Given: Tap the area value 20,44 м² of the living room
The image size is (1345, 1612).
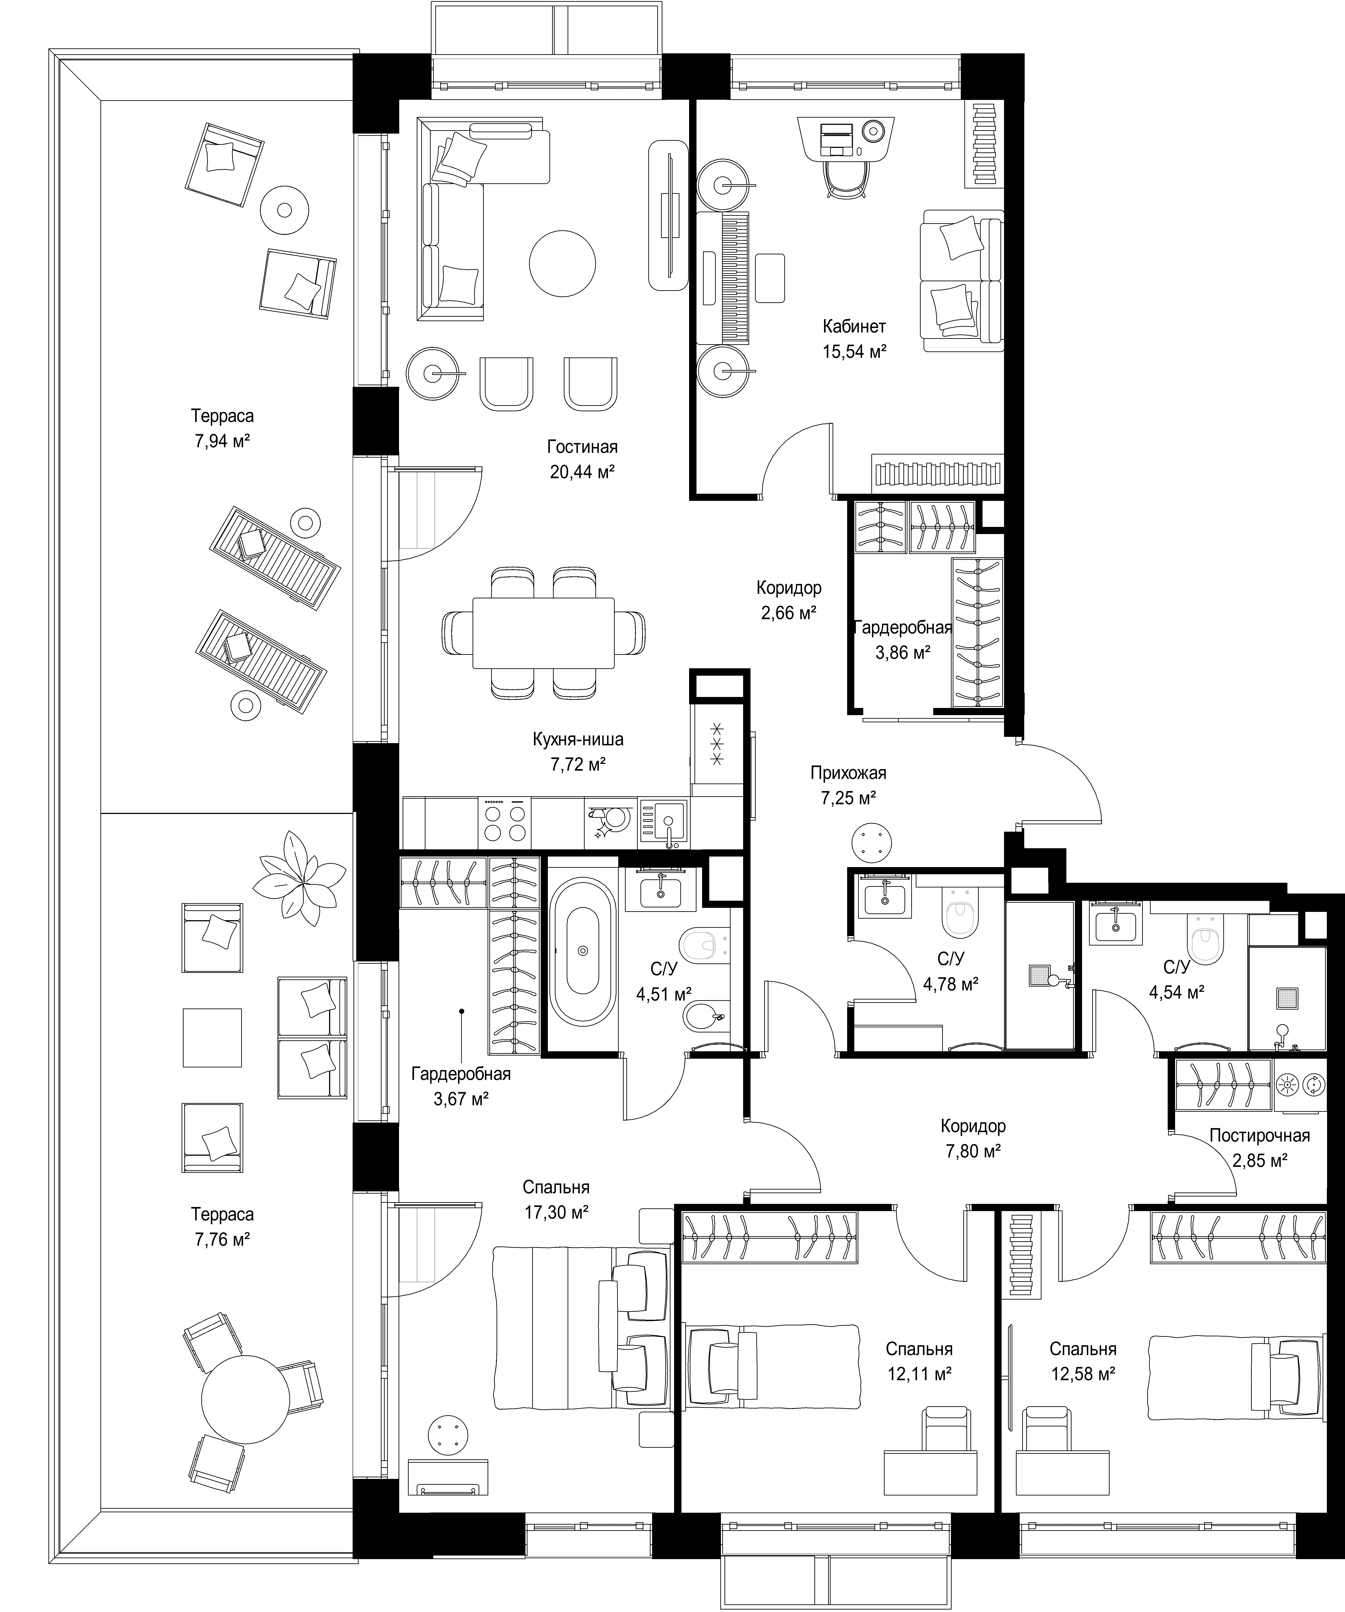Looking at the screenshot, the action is [x=582, y=471].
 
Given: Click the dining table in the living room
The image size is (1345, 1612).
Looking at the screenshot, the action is [x=544, y=633].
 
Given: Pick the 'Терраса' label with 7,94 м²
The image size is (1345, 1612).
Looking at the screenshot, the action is [x=223, y=416].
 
